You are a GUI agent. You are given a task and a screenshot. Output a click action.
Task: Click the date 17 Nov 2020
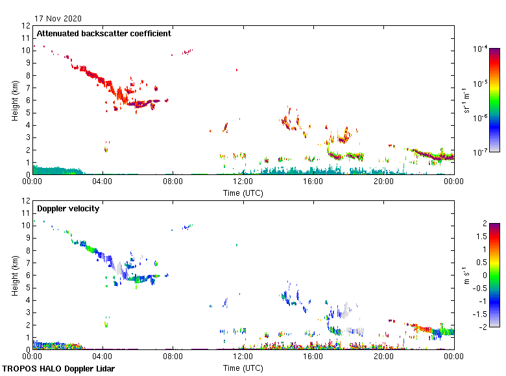pyautogui.click(x=58, y=19)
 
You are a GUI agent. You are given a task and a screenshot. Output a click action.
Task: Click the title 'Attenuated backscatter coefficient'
pyautogui.click(x=104, y=33)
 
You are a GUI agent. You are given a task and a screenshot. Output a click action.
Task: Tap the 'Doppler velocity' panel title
pyautogui.click(x=68, y=208)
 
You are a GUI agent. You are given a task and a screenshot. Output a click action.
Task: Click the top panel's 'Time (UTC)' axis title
pyautogui.click(x=243, y=193)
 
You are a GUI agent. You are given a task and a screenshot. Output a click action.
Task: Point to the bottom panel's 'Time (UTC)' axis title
pyautogui.click(x=243, y=368)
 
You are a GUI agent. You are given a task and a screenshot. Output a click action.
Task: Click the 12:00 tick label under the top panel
pyautogui.click(x=243, y=183)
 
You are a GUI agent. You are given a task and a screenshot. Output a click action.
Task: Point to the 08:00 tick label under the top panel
pyautogui.click(x=173, y=183)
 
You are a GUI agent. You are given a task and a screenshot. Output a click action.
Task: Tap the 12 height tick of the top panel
pyautogui.click(x=26, y=26)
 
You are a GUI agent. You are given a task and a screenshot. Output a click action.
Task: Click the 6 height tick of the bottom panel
pyautogui.click(x=27, y=276)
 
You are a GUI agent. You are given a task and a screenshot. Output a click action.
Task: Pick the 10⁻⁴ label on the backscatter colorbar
pyautogui.click(x=480, y=49)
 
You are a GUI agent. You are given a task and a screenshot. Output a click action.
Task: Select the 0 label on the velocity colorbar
pyautogui.click(x=483, y=274)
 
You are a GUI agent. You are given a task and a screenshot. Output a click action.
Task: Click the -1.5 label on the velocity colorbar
pyautogui.click(x=481, y=312)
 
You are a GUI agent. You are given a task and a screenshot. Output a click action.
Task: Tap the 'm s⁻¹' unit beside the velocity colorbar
pyautogui.click(x=465, y=275)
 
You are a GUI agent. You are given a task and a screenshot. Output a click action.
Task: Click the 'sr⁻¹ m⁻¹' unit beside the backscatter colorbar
pyautogui.click(x=466, y=100)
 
